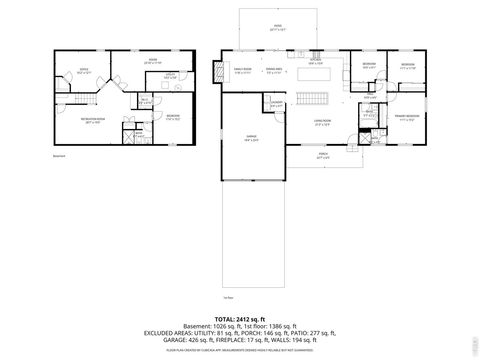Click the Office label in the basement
pos(70,70)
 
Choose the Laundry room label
pos(276,104)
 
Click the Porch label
pos(322,157)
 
